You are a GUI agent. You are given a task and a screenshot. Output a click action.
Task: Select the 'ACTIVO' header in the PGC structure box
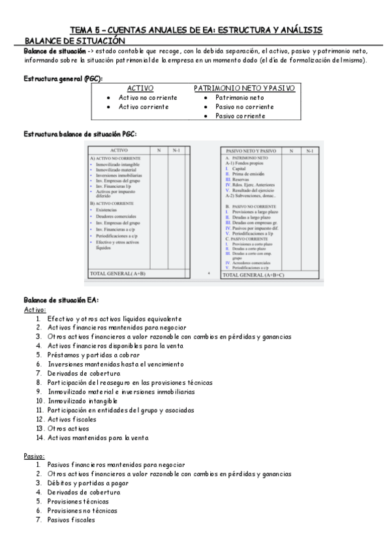140,87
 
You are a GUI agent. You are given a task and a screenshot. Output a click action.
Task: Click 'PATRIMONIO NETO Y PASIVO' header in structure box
245,87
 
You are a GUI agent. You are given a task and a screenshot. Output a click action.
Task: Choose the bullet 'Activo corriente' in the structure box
144,106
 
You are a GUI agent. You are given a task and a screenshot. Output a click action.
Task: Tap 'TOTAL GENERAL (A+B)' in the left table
117,273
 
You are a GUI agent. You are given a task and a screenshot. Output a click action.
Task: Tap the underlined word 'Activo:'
35,309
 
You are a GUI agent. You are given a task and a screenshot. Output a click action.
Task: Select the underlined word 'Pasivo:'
34,455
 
